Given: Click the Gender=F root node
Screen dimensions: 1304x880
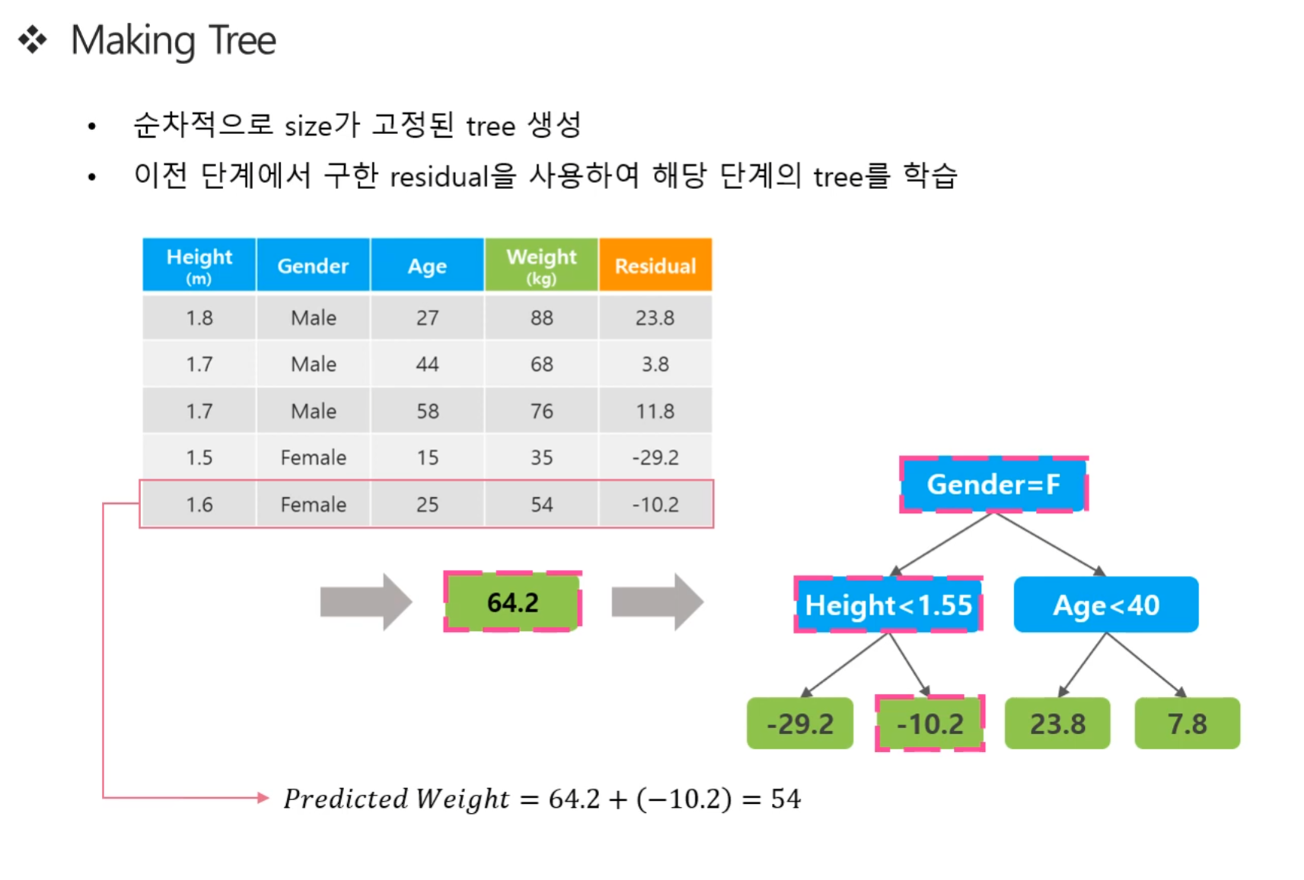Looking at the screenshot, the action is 993,484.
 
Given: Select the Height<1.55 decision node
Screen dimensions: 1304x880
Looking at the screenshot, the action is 888,604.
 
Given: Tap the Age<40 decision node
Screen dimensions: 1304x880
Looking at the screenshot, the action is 1106,604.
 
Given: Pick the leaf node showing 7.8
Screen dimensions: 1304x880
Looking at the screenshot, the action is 1188,723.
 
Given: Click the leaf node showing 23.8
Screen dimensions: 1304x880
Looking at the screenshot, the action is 1058,723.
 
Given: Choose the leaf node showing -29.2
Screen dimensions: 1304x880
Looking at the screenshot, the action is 800,723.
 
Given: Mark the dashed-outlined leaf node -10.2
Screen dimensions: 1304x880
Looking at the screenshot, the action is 930,723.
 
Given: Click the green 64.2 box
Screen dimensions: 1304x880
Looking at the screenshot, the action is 513,602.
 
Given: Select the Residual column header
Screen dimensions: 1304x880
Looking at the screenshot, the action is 655,265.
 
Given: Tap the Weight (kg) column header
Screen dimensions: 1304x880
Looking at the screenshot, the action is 541,265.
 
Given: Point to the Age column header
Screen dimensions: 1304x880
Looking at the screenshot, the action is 427,265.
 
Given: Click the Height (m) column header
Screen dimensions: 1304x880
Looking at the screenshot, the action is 199,265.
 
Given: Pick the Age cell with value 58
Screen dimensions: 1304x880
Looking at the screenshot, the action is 427,411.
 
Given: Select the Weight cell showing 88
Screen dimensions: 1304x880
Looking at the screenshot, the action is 541,317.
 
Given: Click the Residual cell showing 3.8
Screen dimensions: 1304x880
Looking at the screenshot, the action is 655,365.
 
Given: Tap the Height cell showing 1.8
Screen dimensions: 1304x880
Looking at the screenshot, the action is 199,317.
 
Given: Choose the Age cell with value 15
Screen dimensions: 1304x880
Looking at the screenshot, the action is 427,458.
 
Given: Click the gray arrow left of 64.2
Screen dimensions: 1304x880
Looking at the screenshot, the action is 366,602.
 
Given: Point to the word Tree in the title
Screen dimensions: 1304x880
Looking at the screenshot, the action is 242,41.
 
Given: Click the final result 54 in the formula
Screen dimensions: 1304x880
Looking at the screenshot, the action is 786,799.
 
